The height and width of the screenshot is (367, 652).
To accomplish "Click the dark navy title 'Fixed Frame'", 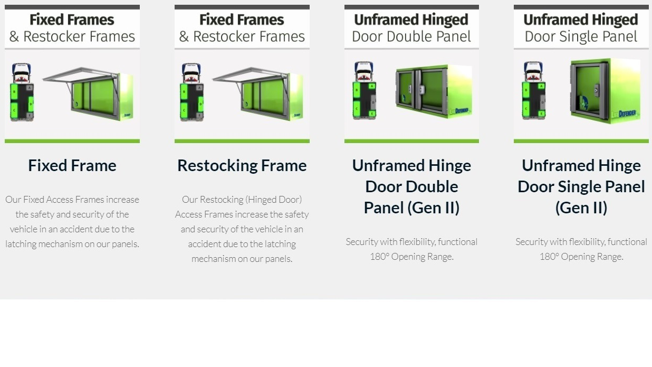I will [72, 165].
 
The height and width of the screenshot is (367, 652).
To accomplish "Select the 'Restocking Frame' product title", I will [242, 165].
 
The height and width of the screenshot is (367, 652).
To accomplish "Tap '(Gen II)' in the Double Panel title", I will [411, 208].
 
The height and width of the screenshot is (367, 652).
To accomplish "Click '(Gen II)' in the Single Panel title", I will [581, 208].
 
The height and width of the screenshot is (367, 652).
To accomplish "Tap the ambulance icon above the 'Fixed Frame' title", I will [22, 92].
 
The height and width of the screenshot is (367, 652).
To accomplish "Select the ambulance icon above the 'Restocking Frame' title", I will [191, 92].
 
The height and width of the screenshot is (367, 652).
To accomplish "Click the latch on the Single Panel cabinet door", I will [596, 91].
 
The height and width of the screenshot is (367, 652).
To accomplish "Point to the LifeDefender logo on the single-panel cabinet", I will [623, 112].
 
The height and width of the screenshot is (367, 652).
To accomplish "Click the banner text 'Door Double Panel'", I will [411, 36].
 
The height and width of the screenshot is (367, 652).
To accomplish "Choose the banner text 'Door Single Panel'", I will [581, 36].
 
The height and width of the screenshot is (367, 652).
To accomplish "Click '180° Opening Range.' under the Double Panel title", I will [411, 257].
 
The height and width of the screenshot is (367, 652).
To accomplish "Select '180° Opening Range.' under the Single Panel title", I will [581, 257].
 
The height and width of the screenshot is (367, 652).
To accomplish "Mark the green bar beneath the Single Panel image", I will [581, 141].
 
